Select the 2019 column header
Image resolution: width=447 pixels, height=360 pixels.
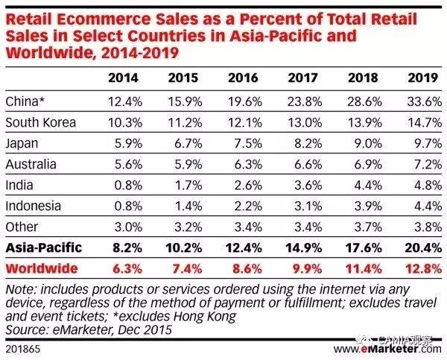click(x=418, y=77)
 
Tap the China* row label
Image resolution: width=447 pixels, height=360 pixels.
click(x=24, y=100)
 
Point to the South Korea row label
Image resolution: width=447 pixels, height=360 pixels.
click(x=39, y=121)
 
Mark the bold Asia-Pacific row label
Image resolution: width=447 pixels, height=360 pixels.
click(x=42, y=246)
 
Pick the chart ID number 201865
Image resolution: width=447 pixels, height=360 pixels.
click(x=22, y=349)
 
